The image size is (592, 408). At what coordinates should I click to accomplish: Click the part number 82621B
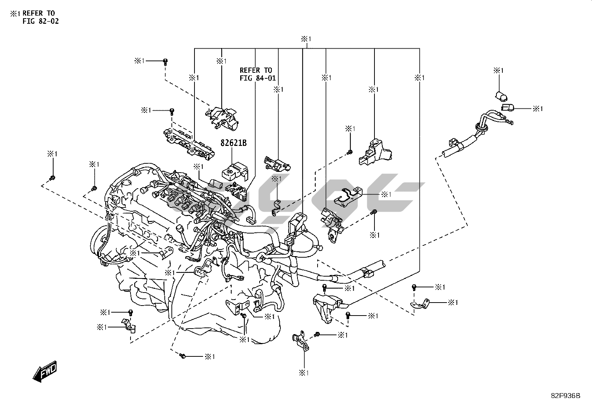[234, 143]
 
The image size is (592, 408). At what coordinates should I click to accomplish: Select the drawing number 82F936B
[565, 396]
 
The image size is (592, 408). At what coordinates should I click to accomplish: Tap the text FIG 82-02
[41, 21]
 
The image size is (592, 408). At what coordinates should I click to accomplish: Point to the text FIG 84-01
[258, 78]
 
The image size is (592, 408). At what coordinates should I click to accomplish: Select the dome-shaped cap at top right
[501, 97]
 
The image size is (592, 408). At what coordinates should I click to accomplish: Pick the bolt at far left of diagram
[52, 178]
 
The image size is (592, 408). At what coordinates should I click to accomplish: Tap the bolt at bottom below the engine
[182, 356]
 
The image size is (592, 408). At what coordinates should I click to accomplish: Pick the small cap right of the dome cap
[507, 108]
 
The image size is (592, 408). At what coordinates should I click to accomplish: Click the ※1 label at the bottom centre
[304, 372]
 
